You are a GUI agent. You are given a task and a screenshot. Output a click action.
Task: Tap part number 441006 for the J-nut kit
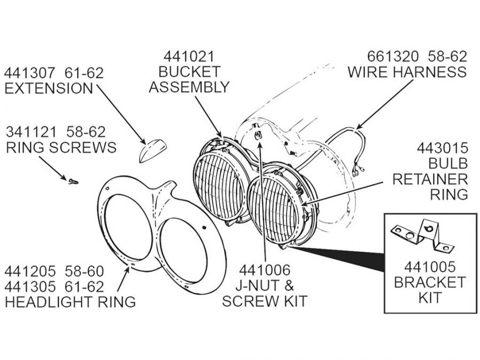[265, 271]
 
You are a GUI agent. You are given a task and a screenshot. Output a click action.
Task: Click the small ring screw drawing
[73, 182]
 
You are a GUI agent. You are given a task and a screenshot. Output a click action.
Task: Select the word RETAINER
[430, 178]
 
